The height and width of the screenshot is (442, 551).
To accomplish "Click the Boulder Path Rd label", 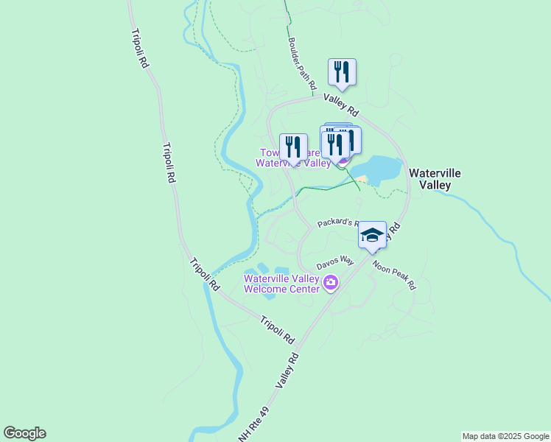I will point(302,62).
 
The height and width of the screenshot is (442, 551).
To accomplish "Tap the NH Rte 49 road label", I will point(251,428).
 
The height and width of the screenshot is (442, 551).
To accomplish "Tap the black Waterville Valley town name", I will point(435,178).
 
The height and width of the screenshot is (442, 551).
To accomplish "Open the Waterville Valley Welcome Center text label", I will point(281,284).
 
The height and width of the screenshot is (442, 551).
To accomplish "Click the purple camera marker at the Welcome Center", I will point(331,282).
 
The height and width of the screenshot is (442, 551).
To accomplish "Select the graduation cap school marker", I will point(373,235).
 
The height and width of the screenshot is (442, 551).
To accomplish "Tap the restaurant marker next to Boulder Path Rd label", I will point(342,71).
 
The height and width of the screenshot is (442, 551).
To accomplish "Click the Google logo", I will point(24,433).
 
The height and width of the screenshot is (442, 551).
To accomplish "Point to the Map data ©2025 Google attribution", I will point(505,436).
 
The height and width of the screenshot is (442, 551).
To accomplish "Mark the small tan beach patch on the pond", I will point(362,179).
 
